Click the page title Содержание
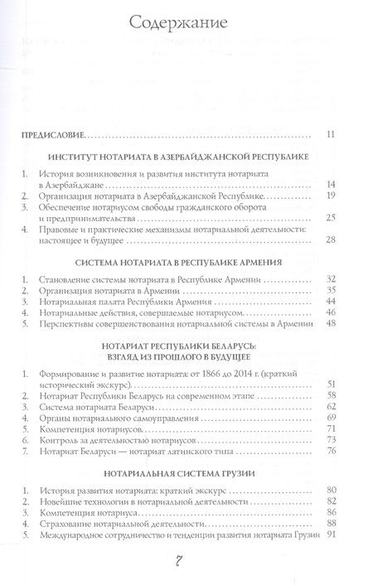[x=186, y=20]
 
